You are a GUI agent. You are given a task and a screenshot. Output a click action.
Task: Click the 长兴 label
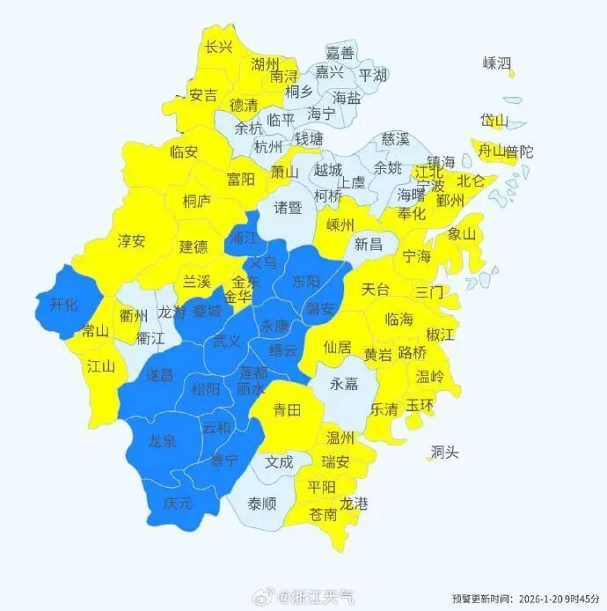[218, 48]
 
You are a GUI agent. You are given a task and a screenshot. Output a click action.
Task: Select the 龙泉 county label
[163, 440]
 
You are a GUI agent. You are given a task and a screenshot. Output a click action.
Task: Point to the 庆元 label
[178, 504]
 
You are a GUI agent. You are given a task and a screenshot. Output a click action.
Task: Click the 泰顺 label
[261, 504]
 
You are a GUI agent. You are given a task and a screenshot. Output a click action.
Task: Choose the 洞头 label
[444, 453]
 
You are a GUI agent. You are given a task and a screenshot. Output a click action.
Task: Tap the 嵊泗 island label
[497, 63]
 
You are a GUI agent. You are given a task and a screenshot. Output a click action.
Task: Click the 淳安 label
[132, 240]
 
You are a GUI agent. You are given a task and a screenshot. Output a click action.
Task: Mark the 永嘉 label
[345, 384]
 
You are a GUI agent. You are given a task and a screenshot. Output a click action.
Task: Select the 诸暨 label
[288, 208]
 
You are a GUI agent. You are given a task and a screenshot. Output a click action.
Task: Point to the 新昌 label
[369, 244]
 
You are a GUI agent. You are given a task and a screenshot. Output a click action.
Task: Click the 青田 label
[287, 409]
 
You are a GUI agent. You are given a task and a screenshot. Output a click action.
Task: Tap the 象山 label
[461, 234]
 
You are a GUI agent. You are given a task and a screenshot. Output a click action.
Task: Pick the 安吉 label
[203, 95]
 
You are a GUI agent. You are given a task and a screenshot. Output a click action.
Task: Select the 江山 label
[101, 367]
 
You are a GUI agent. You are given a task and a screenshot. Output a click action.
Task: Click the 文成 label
[279, 460]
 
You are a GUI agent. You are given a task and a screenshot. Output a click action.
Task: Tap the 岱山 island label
[494, 121]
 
